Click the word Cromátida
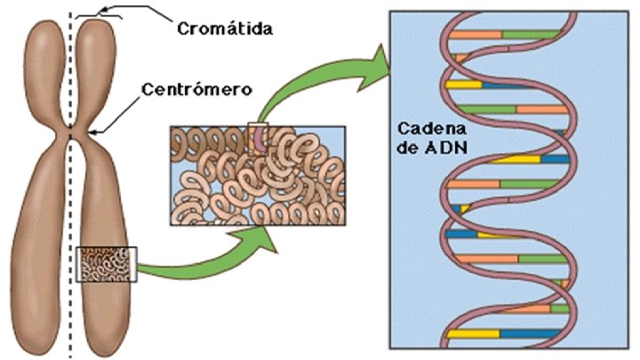click(223, 29)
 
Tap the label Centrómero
click(198, 90)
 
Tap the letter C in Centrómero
click(148, 90)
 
